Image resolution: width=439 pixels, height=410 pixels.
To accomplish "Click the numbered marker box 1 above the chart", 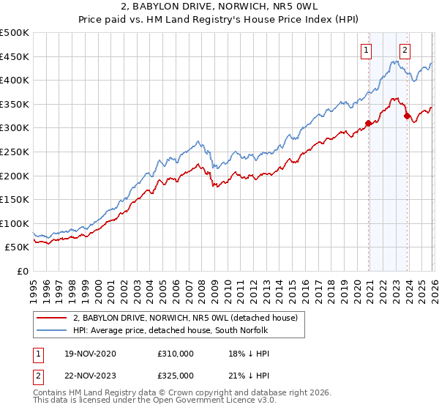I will point(365,51).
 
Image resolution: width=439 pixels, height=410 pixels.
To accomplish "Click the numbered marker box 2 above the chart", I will point(405,51).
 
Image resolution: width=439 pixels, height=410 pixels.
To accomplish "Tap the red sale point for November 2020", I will point(369,123).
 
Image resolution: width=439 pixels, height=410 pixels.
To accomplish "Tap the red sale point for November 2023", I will point(408,116).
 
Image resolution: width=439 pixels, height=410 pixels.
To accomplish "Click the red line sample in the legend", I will point(52,318).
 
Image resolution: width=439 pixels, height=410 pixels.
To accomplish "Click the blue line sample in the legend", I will point(52,331).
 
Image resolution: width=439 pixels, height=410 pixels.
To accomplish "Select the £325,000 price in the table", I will point(176,375).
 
